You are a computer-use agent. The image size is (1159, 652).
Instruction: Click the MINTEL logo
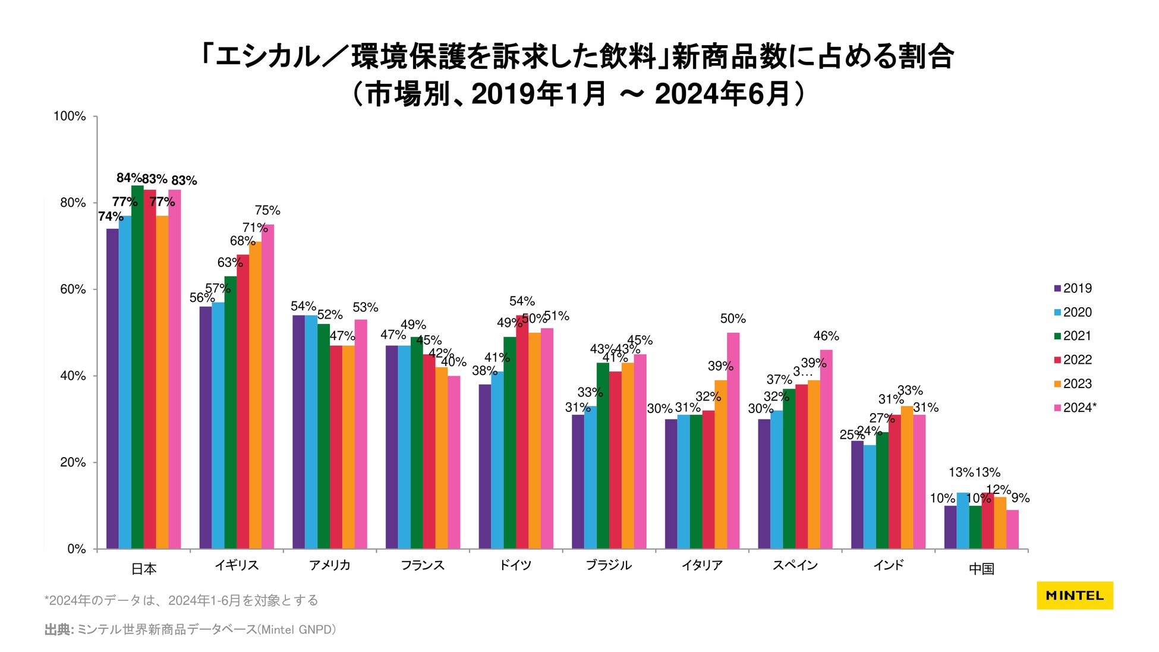tap(1075, 596)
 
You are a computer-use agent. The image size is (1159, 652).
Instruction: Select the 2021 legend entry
tap(1076, 336)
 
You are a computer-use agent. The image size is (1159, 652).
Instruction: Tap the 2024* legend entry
tap(1079, 408)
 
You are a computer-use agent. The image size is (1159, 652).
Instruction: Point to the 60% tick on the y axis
tap(73, 289)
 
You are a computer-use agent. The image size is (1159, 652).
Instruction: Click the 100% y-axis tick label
tap(70, 116)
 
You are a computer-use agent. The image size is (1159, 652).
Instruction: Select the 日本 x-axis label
tap(144, 569)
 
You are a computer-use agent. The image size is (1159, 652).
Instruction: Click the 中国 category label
tap(981, 569)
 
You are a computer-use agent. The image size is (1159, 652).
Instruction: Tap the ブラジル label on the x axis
tap(609, 565)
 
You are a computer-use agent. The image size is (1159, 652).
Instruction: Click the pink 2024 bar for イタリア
tap(733, 440)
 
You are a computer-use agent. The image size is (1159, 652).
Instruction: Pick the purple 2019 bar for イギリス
tap(206, 427)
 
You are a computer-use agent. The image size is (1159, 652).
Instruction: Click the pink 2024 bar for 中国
tap(1012, 529)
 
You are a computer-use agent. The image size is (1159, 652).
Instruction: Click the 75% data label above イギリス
tap(267, 210)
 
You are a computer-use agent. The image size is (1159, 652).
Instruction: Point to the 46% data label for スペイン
tap(826, 336)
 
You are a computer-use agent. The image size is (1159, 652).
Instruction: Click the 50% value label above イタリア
tap(733, 319)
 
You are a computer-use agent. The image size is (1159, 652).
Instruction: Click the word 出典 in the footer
tap(58, 630)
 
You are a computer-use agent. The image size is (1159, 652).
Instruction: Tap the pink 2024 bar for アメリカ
tap(361, 434)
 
